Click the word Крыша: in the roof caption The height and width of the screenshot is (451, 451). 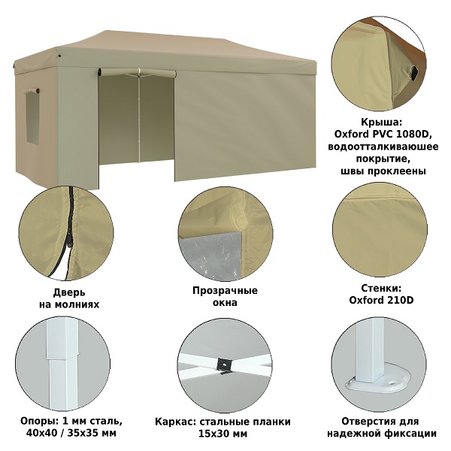(x=381, y=123)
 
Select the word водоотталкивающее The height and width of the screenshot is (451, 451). (x=383, y=147)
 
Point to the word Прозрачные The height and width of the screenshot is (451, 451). (x=225, y=291)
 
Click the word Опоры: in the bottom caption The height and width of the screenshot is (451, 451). (x=39, y=421)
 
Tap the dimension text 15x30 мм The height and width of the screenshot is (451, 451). (x=223, y=434)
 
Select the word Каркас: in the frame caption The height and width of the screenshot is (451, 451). (x=175, y=422)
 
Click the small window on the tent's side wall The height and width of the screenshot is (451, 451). (x=32, y=117)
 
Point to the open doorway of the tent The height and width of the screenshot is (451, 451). (x=136, y=121)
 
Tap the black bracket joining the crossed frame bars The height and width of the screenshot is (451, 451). (x=224, y=365)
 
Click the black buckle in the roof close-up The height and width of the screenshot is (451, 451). (x=414, y=73)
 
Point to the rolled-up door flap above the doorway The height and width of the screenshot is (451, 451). (x=137, y=72)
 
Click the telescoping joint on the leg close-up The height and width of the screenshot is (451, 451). (x=62, y=359)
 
